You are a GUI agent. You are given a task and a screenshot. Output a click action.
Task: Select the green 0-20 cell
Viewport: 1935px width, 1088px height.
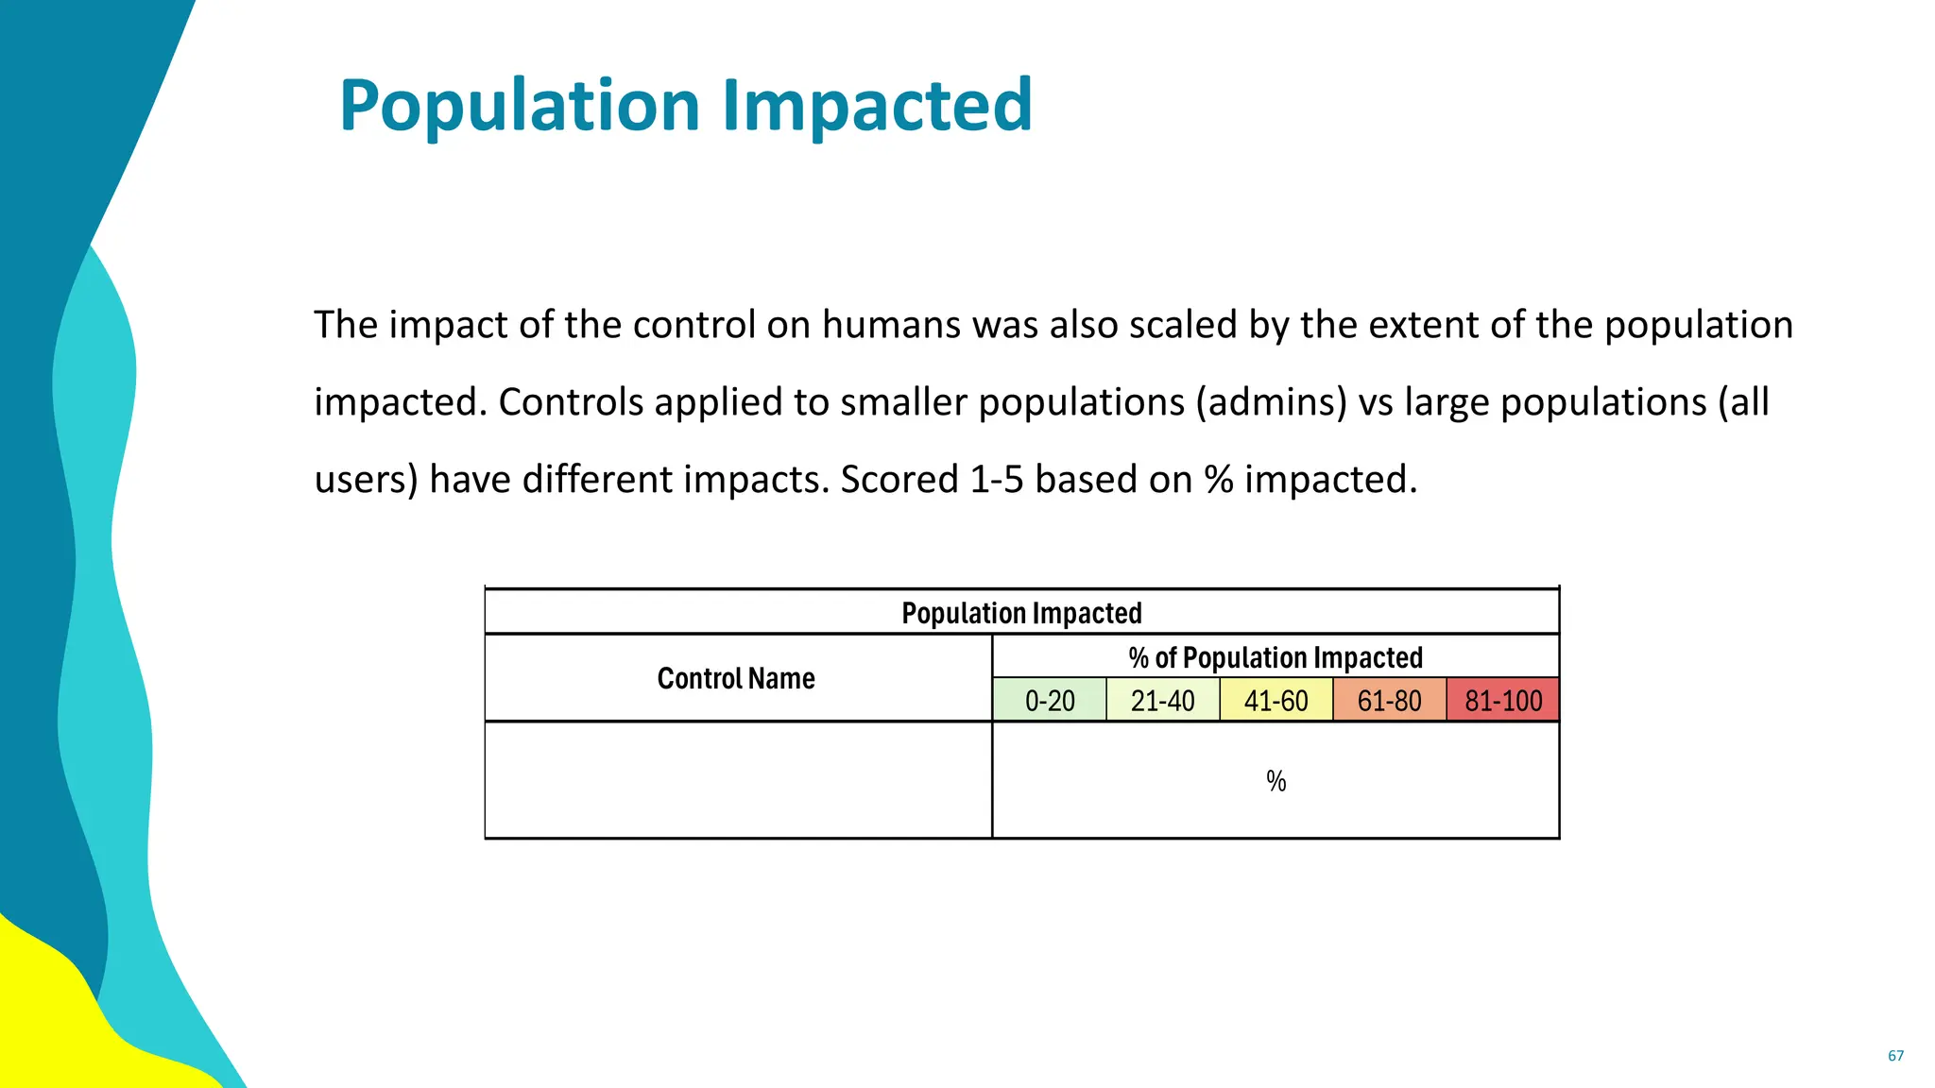(x=1050, y=701)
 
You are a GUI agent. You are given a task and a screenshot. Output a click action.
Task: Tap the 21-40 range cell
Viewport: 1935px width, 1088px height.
(x=1163, y=701)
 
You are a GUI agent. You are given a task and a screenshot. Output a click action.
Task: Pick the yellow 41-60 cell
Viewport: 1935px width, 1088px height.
(x=1276, y=701)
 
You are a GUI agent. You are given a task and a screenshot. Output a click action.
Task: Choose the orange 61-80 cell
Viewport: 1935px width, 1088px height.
(x=1390, y=701)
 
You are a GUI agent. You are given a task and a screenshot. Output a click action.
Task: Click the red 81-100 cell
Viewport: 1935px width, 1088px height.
(x=1503, y=701)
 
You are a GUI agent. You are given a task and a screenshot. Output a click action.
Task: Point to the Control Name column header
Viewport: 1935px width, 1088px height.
(x=736, y=678)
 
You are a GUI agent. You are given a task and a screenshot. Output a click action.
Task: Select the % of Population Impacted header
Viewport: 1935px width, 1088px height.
(x=1276, y=657)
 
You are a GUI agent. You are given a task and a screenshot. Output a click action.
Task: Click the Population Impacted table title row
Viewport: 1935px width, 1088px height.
(x=1021, y=613)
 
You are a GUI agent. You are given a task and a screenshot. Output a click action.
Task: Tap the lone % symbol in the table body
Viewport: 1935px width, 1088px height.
(x=1276, y=781)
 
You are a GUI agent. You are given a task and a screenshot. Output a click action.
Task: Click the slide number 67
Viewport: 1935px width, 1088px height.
(x=1895, y=1056)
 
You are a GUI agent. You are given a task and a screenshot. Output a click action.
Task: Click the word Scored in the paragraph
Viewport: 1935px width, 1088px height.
(x=899, y=480)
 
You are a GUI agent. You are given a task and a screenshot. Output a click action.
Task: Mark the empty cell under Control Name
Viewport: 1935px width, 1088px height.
(x=738, y=780)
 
